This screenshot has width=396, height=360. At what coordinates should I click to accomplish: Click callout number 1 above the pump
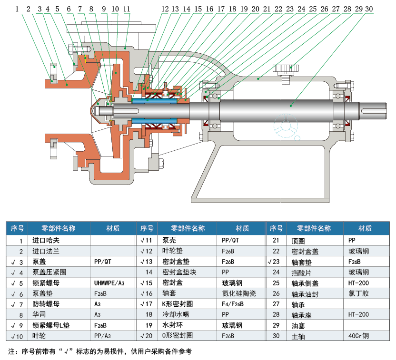pyautogui.click(x=18, y=9)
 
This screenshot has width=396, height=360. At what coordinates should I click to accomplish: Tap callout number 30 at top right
pyautogui.click(x=369, y=9)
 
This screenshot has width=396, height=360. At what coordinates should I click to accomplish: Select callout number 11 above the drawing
pyautogui.click(x=126, y=9)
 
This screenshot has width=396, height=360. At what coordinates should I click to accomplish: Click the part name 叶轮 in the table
pyautogui.click(x=39, y=337)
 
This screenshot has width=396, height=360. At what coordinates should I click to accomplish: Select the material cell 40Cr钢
pyautogui.click(x=359, y=337)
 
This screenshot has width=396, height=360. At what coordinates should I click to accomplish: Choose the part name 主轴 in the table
pyautogui.click(x=298, y=337)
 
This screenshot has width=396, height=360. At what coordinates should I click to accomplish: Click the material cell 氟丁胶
pyautogui.click(x=358, y=293)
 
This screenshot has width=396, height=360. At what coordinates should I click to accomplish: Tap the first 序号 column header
pyautogui.click(x=18, y=228)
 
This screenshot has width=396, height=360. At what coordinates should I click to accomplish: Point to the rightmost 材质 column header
pyautogui.click(x=366, y=228)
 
